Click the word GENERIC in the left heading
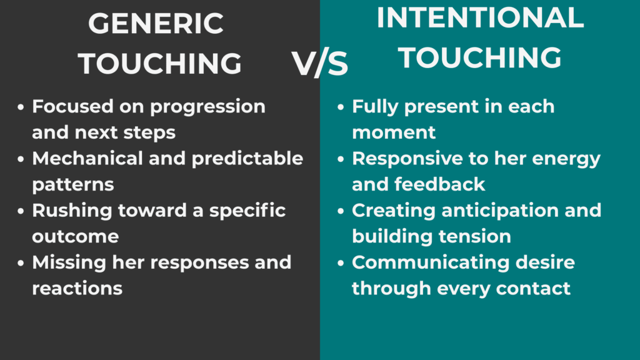pyautogui.click(x=156, y=24)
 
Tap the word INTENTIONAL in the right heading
pyautogui.click(x=480, y=19)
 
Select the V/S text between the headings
pyautogui.click(x=320, y=64)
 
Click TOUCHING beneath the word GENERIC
pyautogui.click(x=161, y=63)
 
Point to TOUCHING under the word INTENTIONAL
pyautogui.click(x=480, y=57)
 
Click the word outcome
pyautogui.click(x=75, y=236)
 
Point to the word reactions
pyautogui.click(x=77, y=288)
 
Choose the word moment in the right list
pyautogui.click(x=394, y=132)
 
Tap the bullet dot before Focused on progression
pyautogui.click(x=21, y=107)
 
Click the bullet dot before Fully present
pyautogui.click(x=341, y=107)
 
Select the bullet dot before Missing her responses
pyautogui.click(x=21, y=263)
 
